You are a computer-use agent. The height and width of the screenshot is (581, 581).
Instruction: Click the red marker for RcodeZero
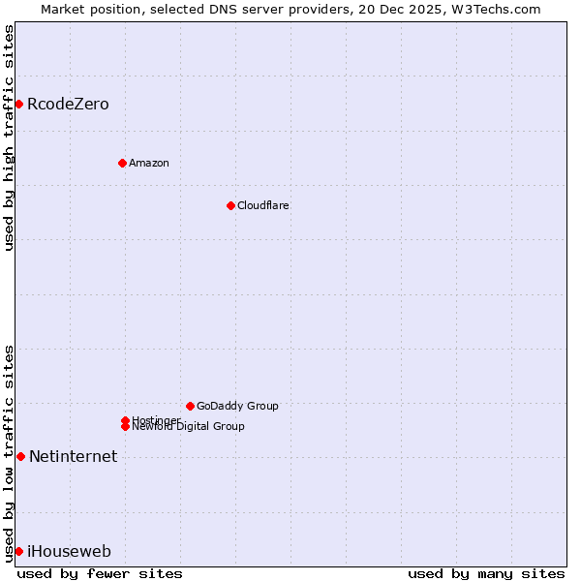[18, 104]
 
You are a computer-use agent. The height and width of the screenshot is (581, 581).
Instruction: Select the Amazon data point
[122, 163]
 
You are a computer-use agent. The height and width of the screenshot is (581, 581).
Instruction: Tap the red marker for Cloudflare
[230, 205]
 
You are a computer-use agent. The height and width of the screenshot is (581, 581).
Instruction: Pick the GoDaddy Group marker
[190, 406]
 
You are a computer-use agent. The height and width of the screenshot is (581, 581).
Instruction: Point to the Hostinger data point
[125, 420]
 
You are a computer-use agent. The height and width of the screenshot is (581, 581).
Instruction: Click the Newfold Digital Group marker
[125, 427]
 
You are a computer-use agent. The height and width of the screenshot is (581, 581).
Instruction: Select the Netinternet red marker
[20, 456]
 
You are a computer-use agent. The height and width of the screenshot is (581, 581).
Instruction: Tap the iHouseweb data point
[18, 551]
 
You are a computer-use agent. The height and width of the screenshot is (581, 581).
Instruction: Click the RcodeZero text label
[68, 104]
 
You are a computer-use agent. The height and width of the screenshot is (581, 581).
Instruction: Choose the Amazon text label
[149, 163]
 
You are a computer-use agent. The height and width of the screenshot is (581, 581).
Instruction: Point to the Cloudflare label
[263, 205]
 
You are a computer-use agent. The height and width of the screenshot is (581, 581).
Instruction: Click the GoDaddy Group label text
[237, 406]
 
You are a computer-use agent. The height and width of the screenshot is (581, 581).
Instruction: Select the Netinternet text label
[73, 456]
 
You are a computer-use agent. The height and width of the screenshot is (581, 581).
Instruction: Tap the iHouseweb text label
[69, 551]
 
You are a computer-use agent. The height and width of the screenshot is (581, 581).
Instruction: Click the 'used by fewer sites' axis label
[100, 573]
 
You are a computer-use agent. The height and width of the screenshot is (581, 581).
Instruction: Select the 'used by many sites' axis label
[486, 573]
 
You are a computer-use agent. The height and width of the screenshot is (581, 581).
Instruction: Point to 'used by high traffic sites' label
[9, 138]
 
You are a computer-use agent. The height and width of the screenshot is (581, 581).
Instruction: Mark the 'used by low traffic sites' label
[9, 452]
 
